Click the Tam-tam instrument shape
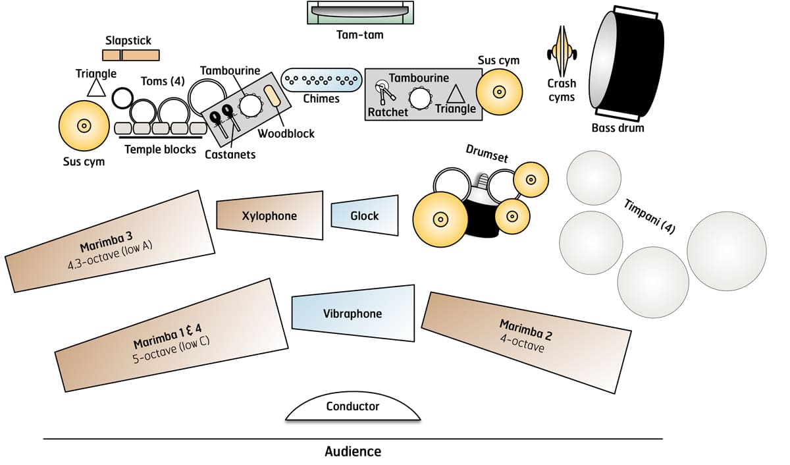point(361,13)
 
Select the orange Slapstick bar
point(130,55)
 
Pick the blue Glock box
point(365,215)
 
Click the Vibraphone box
point(353,313)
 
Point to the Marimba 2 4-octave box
point(525,336)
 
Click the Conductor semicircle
point(353,408)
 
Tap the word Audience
point(353,452)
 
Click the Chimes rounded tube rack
point(322,80)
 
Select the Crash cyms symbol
point(561,53)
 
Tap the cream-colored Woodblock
point(273,99)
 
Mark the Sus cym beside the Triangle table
point(499,90)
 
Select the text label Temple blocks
point(161,150)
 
